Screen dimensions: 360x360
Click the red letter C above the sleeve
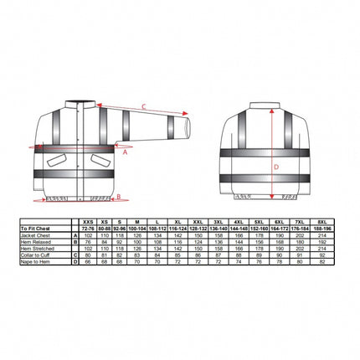[143, 105]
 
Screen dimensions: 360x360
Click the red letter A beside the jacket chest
[125, 153]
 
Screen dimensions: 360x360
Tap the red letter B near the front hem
[120, 198]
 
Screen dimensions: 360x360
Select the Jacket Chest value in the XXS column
[87, 234]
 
